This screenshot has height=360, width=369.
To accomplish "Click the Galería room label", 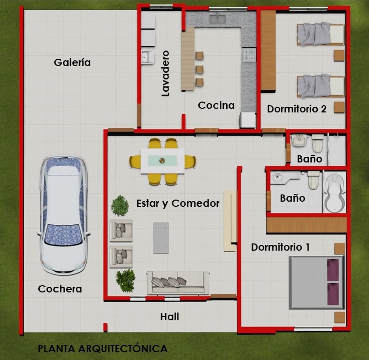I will (x=72, y=62).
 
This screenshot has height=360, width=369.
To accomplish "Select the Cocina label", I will (x=216, y=105).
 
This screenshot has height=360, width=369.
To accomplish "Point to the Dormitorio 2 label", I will (x=297, y=109).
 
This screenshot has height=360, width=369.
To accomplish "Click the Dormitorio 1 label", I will (x=280, y=247).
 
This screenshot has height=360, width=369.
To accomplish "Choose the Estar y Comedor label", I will (x=178, y=203).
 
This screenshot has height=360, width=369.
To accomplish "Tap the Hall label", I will (x=169, y=316).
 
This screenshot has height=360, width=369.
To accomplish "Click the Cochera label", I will (x=60, y=289).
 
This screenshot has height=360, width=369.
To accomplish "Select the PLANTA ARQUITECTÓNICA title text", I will (x=103, y=349).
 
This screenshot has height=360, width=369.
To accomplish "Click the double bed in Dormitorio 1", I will (x=315, y=282).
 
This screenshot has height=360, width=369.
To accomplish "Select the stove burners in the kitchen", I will (x=249, y=55).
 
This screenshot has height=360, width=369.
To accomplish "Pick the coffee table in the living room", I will (x=161, y=237).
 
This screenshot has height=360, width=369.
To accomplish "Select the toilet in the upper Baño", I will (x=317, y=142).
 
